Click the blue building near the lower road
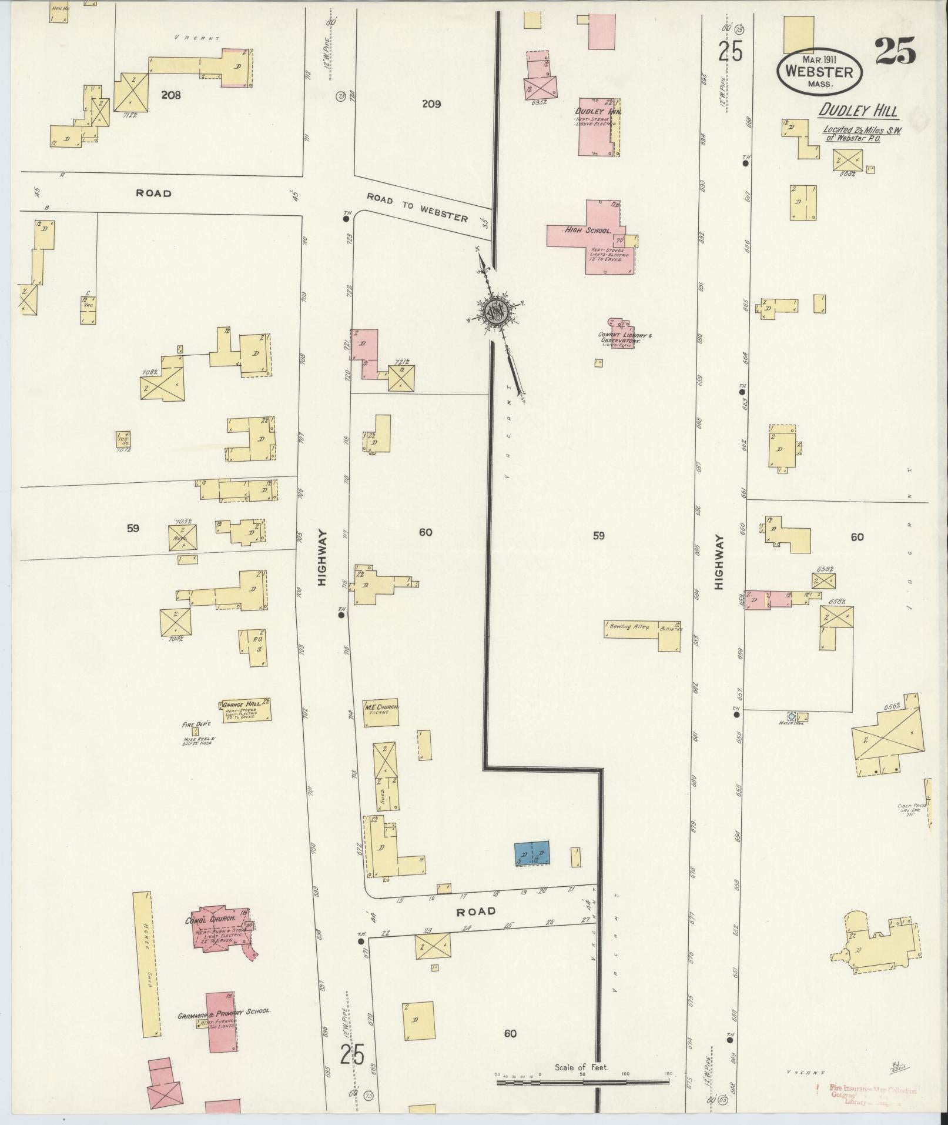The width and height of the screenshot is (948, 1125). (x=531, y=853)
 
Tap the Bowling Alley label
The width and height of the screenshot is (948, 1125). (x=628, y=627)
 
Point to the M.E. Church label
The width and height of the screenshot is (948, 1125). (x=382, y=707)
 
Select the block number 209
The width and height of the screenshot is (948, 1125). (x=431, y=104)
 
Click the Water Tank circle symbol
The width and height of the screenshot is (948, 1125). (x=791, y=716)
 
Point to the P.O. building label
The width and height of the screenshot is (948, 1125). (x=257, y=639)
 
